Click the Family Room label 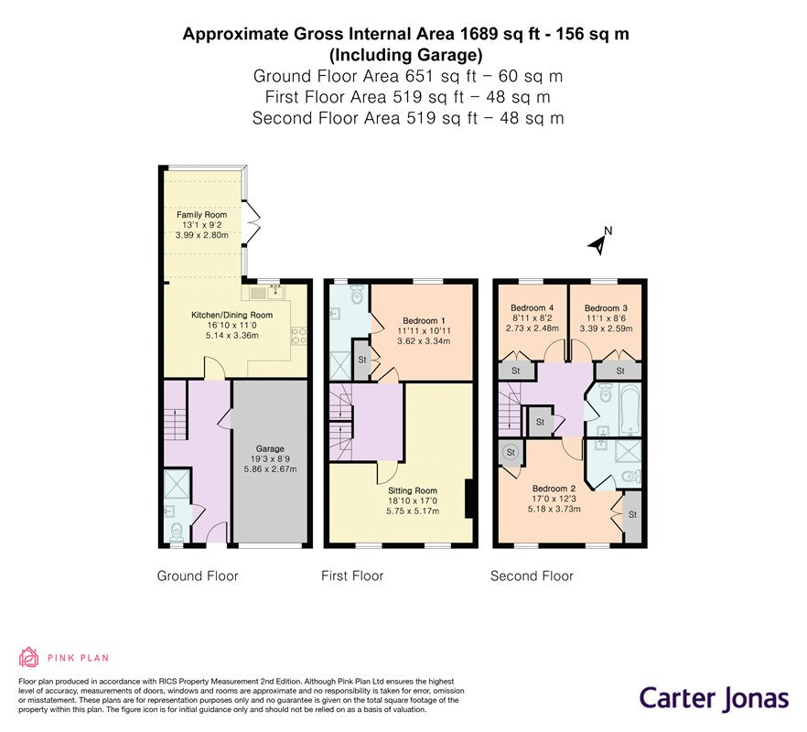coord(201,215)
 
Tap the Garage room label coord(270,449)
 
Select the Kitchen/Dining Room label coord(232,315)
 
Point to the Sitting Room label coord(413,490)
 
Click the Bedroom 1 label coord(425,320)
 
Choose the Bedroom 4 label coord(533,307)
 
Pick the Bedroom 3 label coord(607,307)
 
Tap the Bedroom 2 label coord(554,489)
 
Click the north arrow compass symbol coord(599,242)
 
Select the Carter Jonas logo coord(715,699)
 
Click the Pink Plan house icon coord(29,657)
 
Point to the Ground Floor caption coord(198,576)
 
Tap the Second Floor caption coord(533,576)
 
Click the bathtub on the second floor coord(629,410)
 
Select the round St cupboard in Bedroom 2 coord(511,453)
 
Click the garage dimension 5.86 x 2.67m coord(270,469)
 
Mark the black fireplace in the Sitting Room coord(468,499)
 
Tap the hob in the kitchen coord(299,336)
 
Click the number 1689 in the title coord(479,34)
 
